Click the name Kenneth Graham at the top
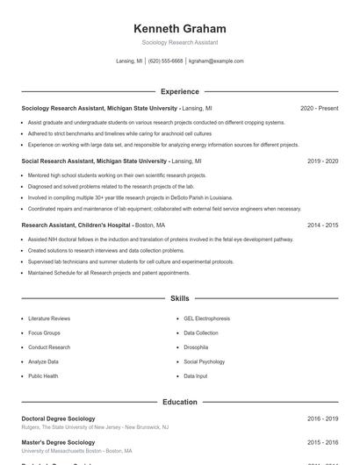180,29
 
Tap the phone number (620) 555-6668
166,61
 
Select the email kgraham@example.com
216,61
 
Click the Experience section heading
180,91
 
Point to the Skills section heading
180,299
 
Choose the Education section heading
180,402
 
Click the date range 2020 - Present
319,108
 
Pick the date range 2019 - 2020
322,161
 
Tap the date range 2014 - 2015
322,225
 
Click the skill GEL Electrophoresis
207,318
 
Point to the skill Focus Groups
44,333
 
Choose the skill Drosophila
197,347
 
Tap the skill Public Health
43,376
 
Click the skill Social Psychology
205,361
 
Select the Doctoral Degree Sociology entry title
58,418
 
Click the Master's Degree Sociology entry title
58,442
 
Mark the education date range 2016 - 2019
322,418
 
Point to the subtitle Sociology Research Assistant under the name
180,42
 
